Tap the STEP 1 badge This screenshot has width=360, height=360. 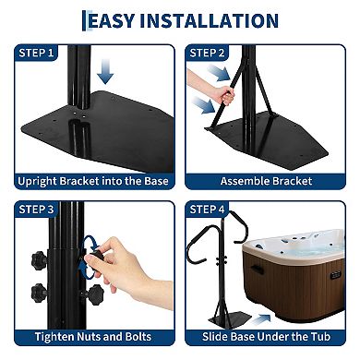pos(36,53)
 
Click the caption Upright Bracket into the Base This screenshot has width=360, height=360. pos(91,181)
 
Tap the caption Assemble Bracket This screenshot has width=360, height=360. pos(269,181)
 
